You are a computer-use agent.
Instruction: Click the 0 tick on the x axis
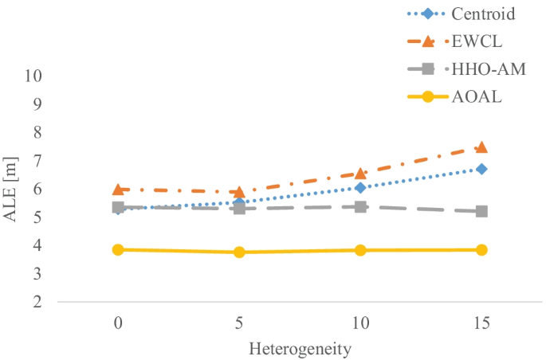point(118,324)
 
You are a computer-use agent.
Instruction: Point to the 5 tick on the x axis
point(239,324)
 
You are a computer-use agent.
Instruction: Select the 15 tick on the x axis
point(481,324)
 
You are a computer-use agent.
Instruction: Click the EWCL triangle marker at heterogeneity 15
point(481,147)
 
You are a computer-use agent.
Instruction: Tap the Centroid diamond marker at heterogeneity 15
point(481,169)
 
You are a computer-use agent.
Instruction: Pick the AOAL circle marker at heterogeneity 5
point(239,252)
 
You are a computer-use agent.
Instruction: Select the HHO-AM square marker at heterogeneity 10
point(360,207)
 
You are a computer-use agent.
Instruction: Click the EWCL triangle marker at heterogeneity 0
point(118,190)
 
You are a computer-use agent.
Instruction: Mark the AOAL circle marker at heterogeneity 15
point(481,250)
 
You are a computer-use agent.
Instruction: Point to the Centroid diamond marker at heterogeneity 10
point(360,188)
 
